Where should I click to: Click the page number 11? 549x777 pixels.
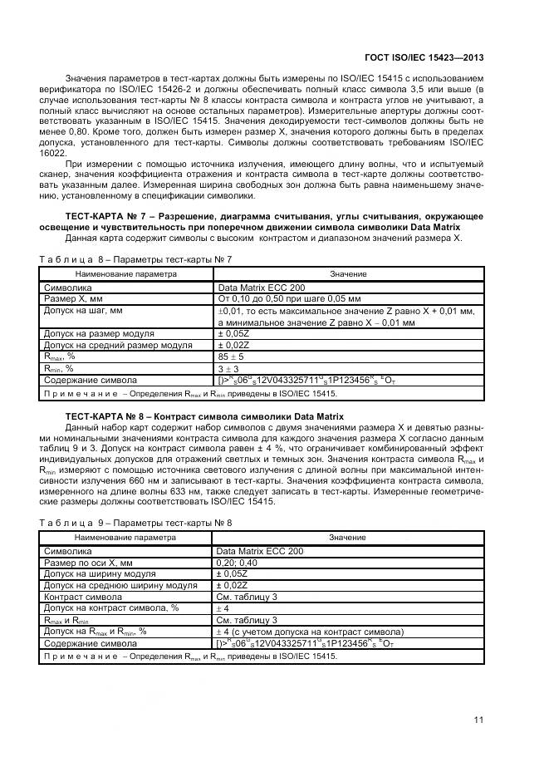point(479,720)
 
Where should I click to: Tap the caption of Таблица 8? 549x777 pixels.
point(135,259)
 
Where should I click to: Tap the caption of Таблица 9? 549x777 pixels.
point(135,523)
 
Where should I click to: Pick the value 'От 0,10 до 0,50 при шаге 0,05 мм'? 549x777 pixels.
point(288,297)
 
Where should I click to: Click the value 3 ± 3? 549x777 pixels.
point(228,367)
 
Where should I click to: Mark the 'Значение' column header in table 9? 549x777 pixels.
point(348,538)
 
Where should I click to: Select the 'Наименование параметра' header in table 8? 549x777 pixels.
point(126,273)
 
